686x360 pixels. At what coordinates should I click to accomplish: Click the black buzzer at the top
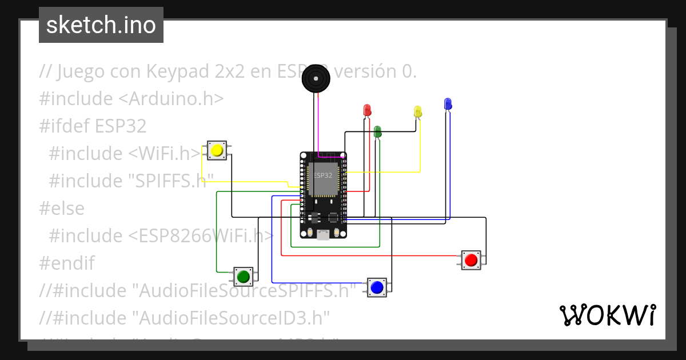click(x=316, y=78)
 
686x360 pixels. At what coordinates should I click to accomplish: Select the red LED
click(x=367, y=110)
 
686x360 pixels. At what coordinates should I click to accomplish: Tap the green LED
click(x=377, y=131)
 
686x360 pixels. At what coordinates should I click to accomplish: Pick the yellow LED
click(x=417, y=111)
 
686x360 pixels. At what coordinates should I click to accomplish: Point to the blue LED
click(x=448, y=103)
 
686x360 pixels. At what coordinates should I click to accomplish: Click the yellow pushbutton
click(x=217, y=151)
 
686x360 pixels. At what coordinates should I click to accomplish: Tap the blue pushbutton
click(x=376, y=287)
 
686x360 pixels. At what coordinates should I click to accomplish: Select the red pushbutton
click(x=471, y=260)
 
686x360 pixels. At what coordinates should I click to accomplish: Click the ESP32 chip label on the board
click(x=323, y=175)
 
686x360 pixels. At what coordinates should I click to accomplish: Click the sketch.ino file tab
click(x=101, y=25)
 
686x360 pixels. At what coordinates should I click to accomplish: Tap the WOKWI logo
click(x=607, y=315)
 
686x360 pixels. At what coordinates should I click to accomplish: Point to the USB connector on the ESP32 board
click(x=324, y=234)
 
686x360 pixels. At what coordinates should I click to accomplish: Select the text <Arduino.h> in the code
click(x=171, y=98)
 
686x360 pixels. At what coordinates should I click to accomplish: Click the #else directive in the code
click(x=62, y=208)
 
